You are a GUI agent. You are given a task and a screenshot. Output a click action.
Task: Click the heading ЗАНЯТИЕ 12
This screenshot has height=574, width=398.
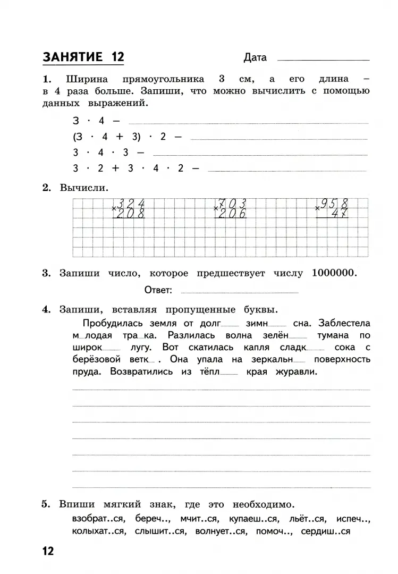click(x=83, y=56)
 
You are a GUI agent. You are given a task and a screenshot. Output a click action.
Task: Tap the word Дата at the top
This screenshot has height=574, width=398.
click(x=255, y=57)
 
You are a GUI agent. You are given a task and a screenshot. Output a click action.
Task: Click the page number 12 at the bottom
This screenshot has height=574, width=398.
click(x=47, y=551)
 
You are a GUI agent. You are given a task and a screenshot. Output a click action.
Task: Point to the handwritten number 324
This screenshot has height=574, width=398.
click(x=131, y=204)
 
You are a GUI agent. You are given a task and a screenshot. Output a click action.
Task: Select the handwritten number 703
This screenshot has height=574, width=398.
click(x=233, y=204)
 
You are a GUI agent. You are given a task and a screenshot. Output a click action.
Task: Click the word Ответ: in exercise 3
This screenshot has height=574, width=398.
click(x=158, y=290)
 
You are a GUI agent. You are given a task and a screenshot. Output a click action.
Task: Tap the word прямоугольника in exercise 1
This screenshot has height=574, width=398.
click(x=163, y=79)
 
